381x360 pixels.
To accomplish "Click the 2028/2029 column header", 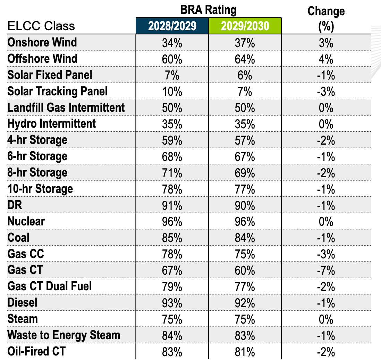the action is click(x=172, y=26).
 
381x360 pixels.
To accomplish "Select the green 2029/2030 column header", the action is click(x=245, y=26).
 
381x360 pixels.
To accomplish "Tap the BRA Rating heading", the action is click(x=208, y=10).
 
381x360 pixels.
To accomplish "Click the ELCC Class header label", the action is click(x=41, y=26).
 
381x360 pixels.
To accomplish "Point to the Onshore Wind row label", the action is click(x=42, y=42).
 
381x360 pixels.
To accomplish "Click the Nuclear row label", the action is click(x=26, y=221).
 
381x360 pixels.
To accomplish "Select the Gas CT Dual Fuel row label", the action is click(x=50, y=286).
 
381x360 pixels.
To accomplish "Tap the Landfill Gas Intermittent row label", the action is click(x=66, y=108).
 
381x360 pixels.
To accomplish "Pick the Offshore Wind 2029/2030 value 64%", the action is click(x=245, y=59).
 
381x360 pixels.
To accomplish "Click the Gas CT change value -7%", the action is click(x=326, y=271).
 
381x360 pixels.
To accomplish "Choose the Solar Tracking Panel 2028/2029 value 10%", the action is click(x=172, y=92).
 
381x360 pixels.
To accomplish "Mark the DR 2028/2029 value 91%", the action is click(x=172, y=206).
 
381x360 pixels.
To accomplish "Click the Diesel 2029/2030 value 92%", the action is click(x=245, y=303).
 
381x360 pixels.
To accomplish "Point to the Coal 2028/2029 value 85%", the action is click(x=172, y=238).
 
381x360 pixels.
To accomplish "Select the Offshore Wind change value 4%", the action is click(x=326, y=59).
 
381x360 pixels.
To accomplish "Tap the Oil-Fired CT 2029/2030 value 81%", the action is click(x=245, y=352).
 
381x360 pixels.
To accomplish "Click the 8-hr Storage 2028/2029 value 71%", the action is click(x=172, y=173).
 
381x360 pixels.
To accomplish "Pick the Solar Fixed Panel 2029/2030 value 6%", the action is click(x=245, y=76).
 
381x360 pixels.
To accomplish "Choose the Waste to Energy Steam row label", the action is click(x=63, y=335).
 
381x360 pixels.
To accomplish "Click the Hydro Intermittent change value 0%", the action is click(x=326, y=125).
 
